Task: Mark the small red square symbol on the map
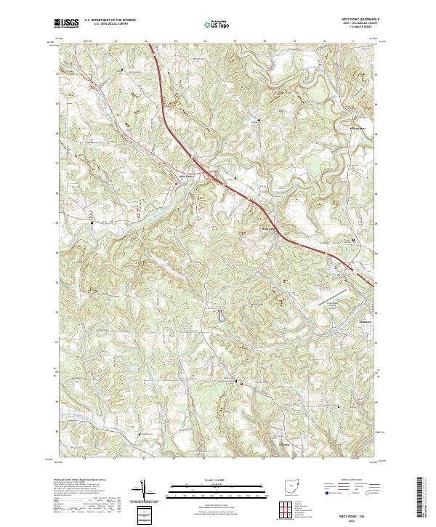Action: click(242, 384)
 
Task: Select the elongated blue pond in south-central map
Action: click(219, 316)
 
